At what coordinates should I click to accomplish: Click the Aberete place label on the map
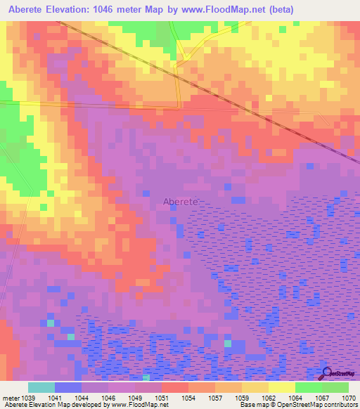click(181, 201)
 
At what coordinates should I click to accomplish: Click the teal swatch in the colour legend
click(41, 387)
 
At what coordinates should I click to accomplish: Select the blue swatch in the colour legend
click(68, 387)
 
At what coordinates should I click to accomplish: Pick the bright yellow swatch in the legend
click(282, 387)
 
